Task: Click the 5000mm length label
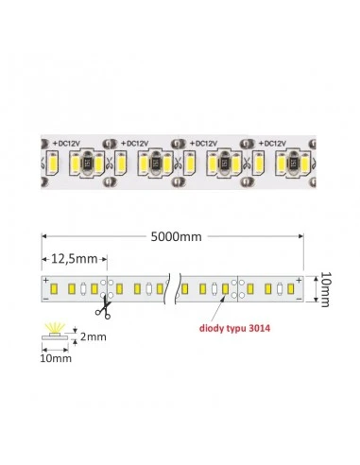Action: pyautogui.click(x=176, y=236)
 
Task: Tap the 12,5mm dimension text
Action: pyautogui.click(x=74, y=259)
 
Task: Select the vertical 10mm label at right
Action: pyautogui.click(x=324, y=289)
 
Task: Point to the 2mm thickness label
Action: pyautogui.click(x=93, y=336)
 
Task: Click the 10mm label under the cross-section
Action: pyautogui.click(x=56, y=358)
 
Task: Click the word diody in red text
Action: pyautogui.click(x=211, y=328)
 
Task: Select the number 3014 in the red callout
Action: pyautogui.click(x=259, y=328)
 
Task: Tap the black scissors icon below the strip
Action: pyautogui.click(x=103, y=310)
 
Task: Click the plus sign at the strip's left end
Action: pyautogui.click(x=46, y=280)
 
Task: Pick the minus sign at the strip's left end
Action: pyautogui.click(x=46, y=298)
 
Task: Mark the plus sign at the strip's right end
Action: pyautogui.click(x=299, y=280)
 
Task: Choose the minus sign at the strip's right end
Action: pyautogui.click(x=299, y=298)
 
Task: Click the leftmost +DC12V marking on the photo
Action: pyautogui.click(x=66, y=144)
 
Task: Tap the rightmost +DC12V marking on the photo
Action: pyautogui.click(x=272, y=144)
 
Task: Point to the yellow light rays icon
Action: pyautogui.click(x=55, y=327)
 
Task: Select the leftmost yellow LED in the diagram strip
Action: pyautogui.click(x=54, y=288)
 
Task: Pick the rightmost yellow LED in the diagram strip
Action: pyautogui.click(x=291, y=288)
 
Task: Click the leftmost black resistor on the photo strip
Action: pyautogui.click(x=86, y=163)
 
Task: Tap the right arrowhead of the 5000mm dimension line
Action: pyautogui.click(x=301, y=236)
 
